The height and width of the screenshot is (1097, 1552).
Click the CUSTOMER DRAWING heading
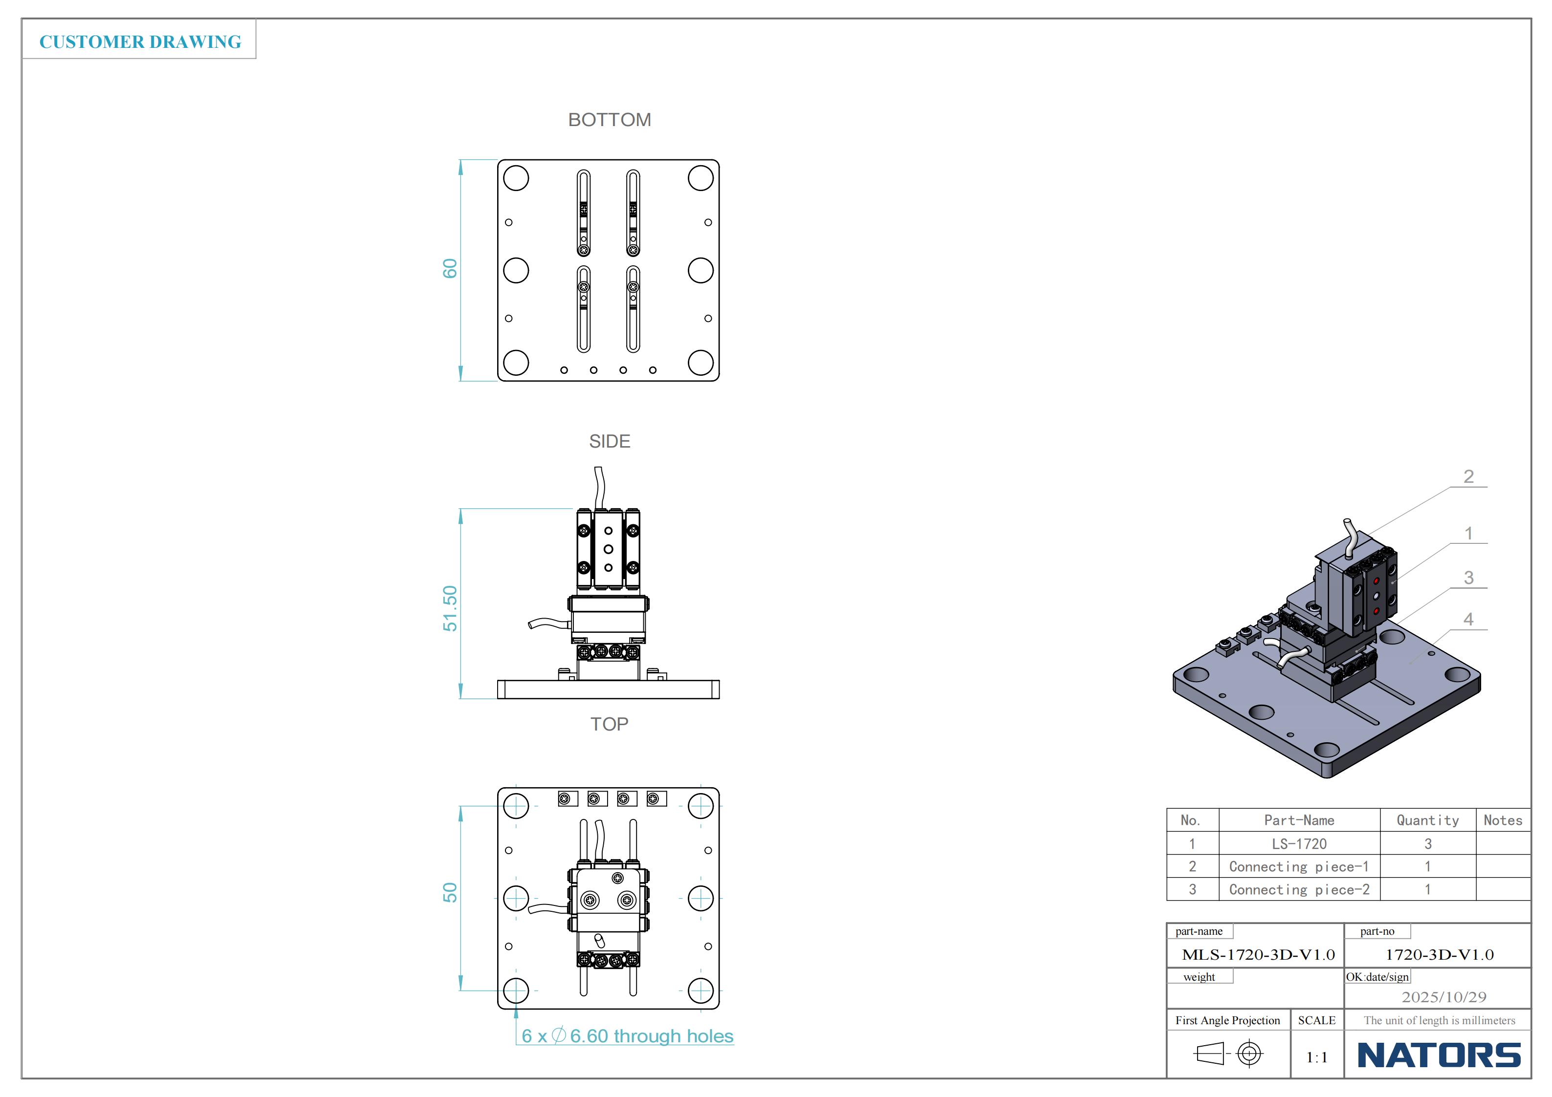click(x=140, y=42)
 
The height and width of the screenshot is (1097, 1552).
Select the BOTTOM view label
click(x=609, y=120)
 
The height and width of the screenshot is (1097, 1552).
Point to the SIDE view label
click(x=609, y=441)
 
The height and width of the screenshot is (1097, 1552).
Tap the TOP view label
click(x=609, y=724)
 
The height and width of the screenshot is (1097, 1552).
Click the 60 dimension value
click(x=450, y=268)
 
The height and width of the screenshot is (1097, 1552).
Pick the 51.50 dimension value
click(x=450, y=608)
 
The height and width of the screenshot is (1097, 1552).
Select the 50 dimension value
click(x=450, y=892)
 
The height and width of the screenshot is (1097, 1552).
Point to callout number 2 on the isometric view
click(x=1469, y=476)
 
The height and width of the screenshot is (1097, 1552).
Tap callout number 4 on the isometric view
click(x=1469, y=619)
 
